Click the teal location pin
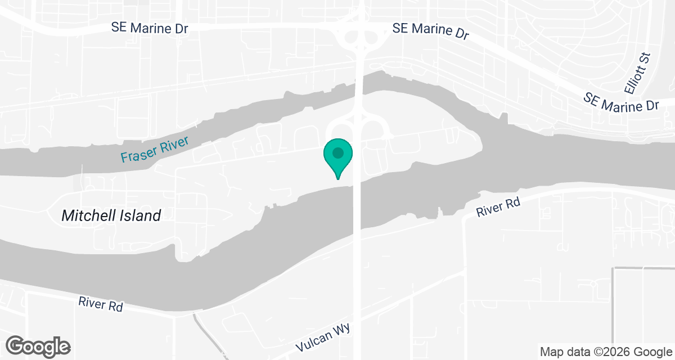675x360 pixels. click(337, 157)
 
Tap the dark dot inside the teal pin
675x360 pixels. click(337, 152)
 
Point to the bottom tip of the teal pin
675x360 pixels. click(337, 179)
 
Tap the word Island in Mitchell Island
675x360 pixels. click(140, 215)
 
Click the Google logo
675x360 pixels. click(38, 345)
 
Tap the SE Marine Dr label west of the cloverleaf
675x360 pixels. click(150, 28)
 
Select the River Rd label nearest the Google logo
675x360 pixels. click(101, 304)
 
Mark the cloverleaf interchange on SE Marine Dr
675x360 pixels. click(360, 37)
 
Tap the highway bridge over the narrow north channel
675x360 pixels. click(358, 90)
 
